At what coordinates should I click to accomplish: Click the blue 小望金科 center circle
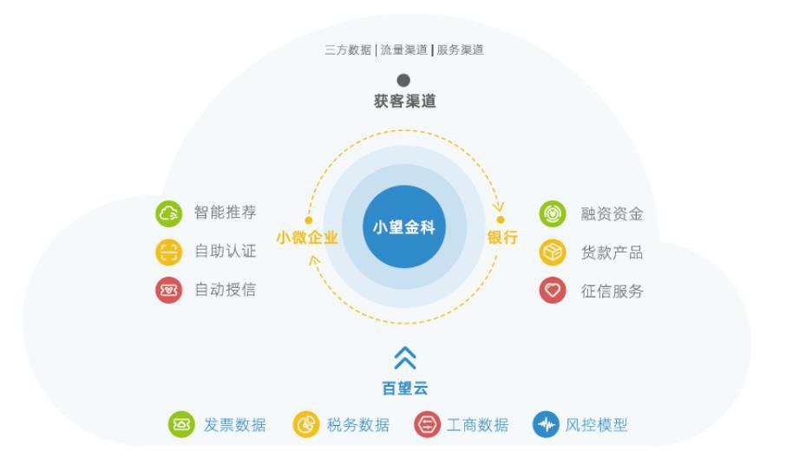click(404, 227)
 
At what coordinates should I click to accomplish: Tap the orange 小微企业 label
click(307, 238)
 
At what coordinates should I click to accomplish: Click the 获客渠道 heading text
click(404, 102)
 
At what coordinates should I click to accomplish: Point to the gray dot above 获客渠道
click(403, 81)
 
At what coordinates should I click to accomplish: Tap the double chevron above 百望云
click(404, 357)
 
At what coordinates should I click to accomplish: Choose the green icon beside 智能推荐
click(168, 213)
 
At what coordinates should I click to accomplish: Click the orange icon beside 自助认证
click(168, 252)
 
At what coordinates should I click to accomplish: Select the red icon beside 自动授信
click(168, 290)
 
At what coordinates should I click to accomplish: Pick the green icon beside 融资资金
click(553, 213)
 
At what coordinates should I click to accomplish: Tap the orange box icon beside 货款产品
click(553, 252)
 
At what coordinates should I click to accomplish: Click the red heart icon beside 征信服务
click(553, 291)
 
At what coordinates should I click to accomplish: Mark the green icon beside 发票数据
click(180, 425)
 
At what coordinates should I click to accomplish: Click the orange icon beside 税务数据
click(306, 425)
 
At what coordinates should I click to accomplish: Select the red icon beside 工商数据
click(427, 425)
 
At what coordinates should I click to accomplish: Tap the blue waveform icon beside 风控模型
click(546, 425)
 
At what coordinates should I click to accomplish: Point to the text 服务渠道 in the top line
click(460, 50)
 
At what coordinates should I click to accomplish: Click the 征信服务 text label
click(612, 292)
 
